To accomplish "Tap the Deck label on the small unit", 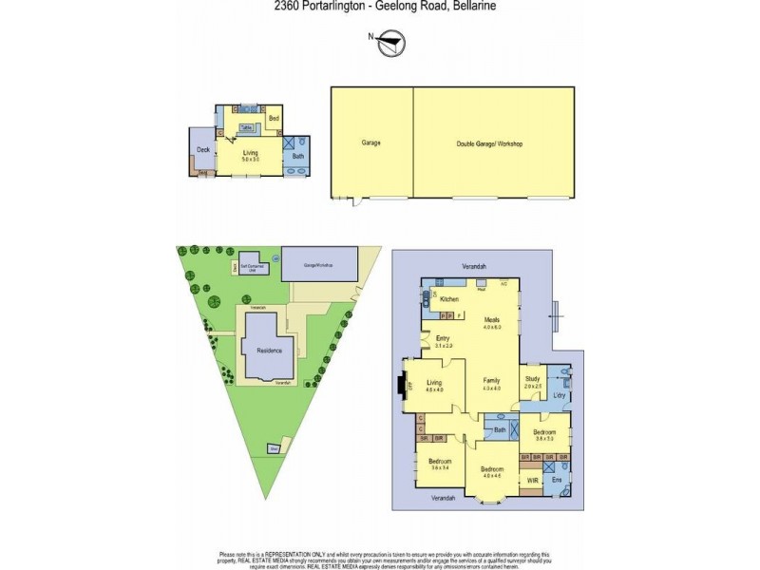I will tap(202, 150).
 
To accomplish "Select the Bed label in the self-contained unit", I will tap(273, 119).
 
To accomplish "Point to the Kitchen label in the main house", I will tap(448, 299).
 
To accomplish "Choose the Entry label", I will tap(443, 338).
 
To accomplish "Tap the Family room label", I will tap(490, 379).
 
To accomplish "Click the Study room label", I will tap(532, 379).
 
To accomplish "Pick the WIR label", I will tap(532, 482).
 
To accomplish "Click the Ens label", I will tap(559, 480).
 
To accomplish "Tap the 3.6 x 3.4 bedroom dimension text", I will tap(439, 468).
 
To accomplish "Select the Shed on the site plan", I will tap(274, 448).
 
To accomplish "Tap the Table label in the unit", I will tap(245, 127).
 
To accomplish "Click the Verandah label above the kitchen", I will tap(474, 267).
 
